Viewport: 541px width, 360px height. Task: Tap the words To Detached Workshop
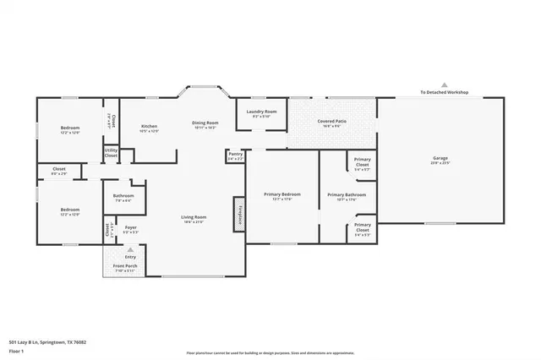[445, 92]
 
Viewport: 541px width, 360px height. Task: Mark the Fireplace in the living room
[239, 215]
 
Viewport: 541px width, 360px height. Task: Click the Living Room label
[194, 219]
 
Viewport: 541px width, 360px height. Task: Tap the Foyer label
[131, 228]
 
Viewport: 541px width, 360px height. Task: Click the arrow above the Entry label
[130, 250]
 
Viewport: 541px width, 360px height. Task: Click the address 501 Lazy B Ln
[47, 342]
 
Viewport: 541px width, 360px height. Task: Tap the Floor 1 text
[16, 350]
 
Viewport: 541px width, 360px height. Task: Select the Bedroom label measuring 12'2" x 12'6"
[69, 130]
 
